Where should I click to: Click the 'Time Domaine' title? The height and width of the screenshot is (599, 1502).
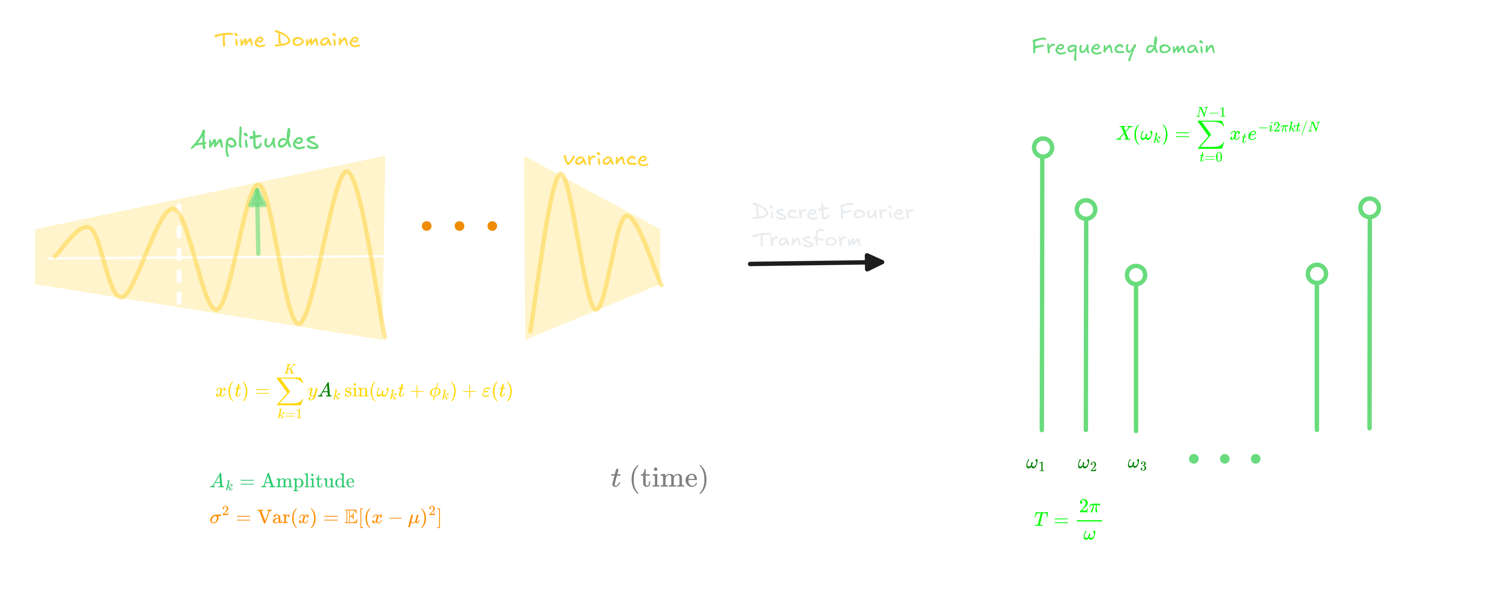pyautogui.click(x=287, y=40)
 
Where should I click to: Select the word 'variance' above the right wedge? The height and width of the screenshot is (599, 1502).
pyautogui.click(x=605, y=159)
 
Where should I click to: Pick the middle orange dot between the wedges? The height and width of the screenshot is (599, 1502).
pyautogui.click(x=460, y=226)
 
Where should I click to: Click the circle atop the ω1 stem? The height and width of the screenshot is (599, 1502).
pyautogui.click(x=1042, y=148)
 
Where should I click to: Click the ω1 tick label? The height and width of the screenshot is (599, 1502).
pyautogui.click(x=1035, y=464)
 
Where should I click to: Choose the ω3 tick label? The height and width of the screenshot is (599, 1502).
pyautogui.click(x=1137, y=464)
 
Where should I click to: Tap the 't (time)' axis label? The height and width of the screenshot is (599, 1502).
pyautogui.click(x=659, y=478)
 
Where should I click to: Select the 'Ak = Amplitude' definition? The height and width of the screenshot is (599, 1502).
pyautogui.click(x=282, y=481)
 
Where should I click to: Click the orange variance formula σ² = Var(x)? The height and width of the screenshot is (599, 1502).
pyautogui.click(x=325, y=517)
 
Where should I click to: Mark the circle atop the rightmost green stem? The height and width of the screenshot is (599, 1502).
pyautogui.click(x=1369, y=208)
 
